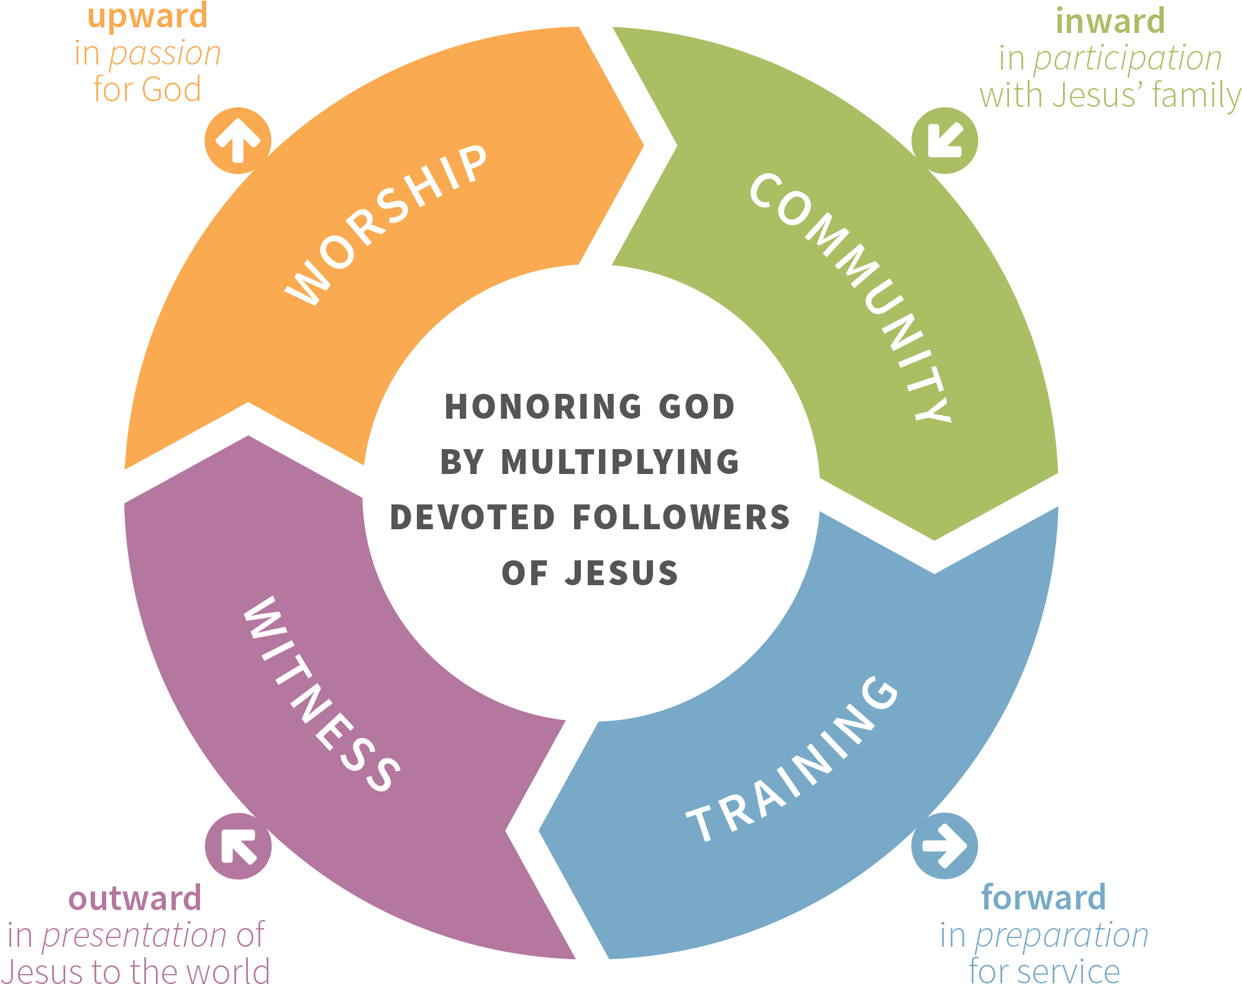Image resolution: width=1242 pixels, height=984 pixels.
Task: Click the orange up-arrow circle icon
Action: point(238,140)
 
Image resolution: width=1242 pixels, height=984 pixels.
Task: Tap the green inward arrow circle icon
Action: point(944,140)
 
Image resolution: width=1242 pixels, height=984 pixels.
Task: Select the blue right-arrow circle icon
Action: point(944,845)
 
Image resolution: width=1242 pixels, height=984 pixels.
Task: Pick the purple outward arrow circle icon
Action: point(238,845)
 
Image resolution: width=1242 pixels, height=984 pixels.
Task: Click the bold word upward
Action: point(147,16)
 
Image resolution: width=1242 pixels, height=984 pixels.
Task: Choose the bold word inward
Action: point(1110,21)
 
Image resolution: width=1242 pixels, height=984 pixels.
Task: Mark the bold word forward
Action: point(1043,898)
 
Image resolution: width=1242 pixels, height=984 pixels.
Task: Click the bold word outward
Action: point(135,899)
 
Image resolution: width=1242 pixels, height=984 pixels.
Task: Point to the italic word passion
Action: point(165,54)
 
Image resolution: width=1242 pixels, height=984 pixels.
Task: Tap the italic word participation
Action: point(1128,59)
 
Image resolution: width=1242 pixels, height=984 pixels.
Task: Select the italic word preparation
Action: point(1062,936)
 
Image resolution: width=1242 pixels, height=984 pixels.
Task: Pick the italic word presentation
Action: point(134,936)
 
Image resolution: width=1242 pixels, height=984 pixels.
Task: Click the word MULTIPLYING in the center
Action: point(620,462)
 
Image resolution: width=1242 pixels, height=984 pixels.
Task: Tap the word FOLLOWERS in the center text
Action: point(682,517)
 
